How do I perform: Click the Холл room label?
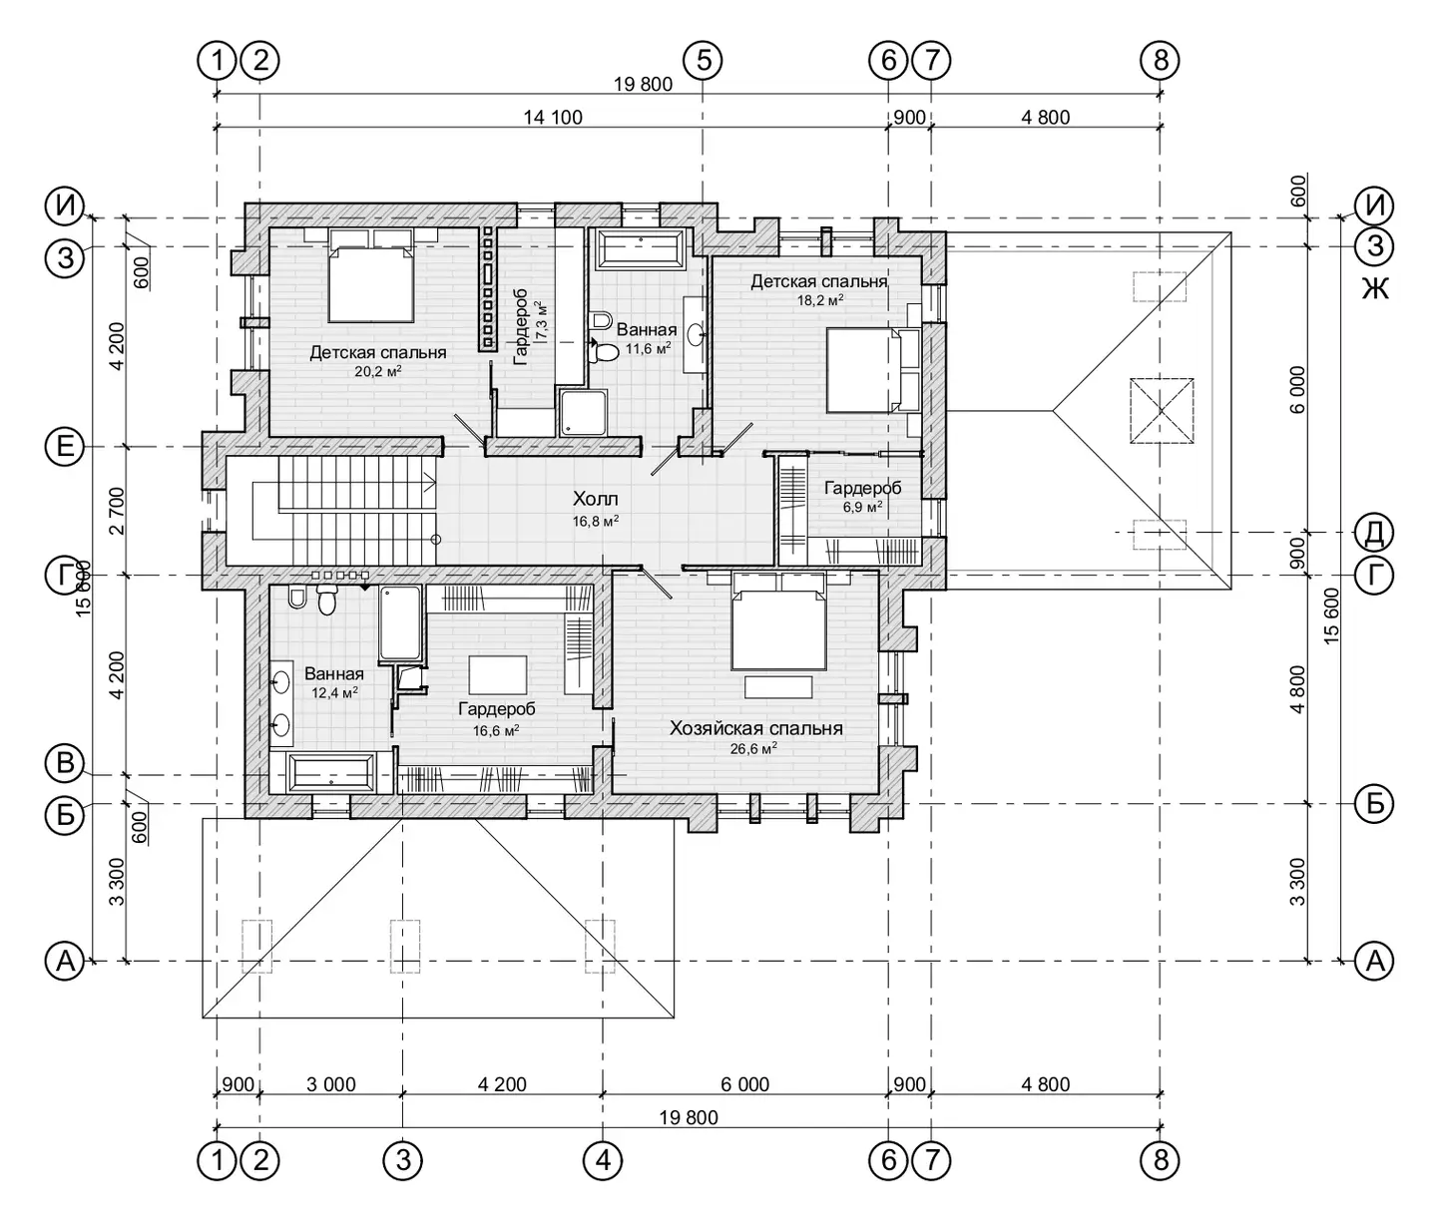click(x=595, y=498)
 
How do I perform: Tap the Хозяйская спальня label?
click(x=755, y=728)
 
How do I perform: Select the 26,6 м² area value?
click(x=753, y=748)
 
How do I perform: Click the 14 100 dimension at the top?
click(x=553, y=117)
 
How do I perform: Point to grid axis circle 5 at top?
click(x=703, y=61)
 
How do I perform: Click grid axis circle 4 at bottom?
click(x=603, y=1160)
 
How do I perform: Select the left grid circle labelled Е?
click(x=65, y=446)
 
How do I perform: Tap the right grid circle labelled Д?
click(x=1374, y=533)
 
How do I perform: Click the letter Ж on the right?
click(x=1375, y=287)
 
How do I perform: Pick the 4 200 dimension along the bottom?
click(x=502, y=1084)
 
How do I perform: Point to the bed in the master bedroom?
click(x=778, y=620)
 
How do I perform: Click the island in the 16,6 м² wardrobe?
click(x=498, y=674)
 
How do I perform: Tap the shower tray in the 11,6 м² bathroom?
click(x=583, y=412)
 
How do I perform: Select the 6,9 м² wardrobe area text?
click(x=863, y=507)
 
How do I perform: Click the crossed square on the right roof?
click(x=1161, y=411)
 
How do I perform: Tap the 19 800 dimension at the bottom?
click(x=689, y=1117)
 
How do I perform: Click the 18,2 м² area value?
click(x=820, y=300)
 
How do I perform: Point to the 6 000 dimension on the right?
click(x=1297, y=389)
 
